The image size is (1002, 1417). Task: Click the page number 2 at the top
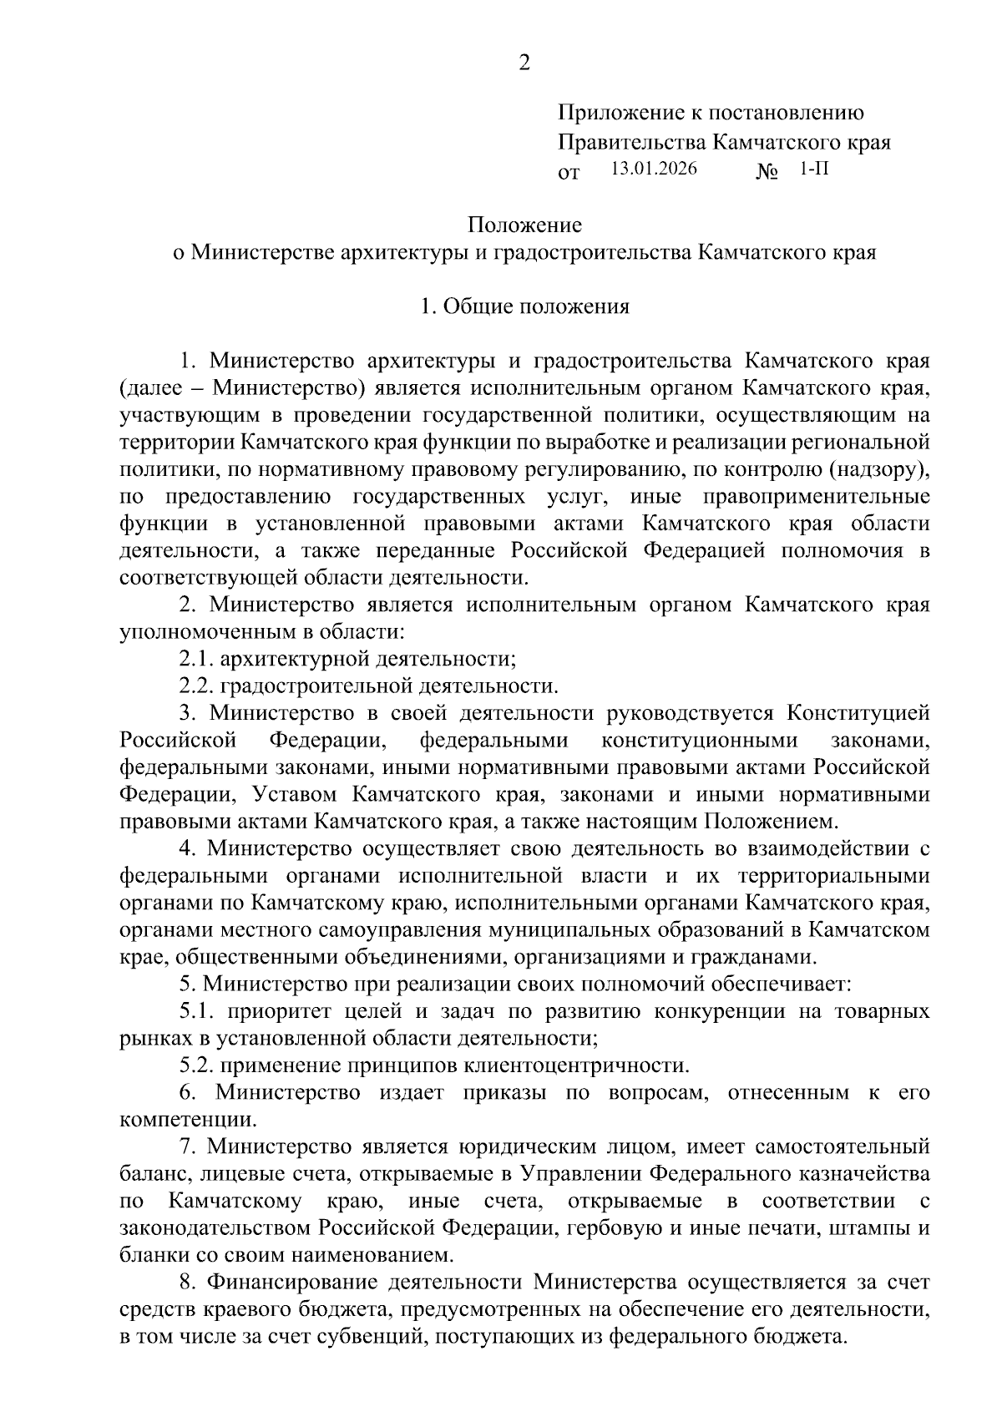coord(524,63)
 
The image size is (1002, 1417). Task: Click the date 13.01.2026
coord(654,168)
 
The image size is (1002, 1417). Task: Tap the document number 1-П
coord(814,168)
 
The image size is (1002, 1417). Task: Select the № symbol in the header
coord(767,172)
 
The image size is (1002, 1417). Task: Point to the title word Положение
coord(524,225)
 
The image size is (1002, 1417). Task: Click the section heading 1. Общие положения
coord(524,306)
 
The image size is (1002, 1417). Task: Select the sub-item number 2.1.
coord(196,660)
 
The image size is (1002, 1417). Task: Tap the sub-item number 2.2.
coord(196,686)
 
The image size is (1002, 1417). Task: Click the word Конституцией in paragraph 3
coord(858,713)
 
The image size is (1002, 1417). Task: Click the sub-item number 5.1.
coord(196,1011)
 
